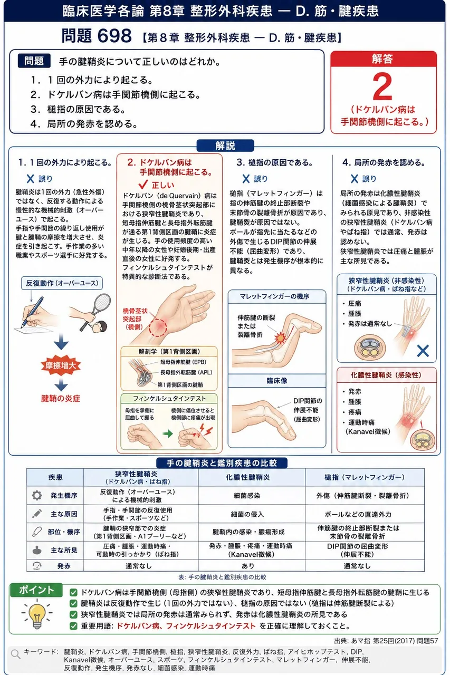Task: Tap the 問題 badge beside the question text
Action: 34,61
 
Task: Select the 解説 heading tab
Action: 225,146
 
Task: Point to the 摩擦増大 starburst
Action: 61,365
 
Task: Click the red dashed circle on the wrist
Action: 158,327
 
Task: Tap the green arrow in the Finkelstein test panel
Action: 168,433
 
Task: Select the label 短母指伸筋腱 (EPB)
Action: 183,362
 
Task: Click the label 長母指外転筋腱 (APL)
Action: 186,372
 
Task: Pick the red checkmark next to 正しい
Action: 143,185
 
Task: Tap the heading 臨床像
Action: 276,381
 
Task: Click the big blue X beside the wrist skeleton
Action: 423,351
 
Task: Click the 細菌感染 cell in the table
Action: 247,495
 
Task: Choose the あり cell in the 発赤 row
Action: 248,566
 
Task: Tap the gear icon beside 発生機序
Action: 37,495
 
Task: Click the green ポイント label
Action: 36,590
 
